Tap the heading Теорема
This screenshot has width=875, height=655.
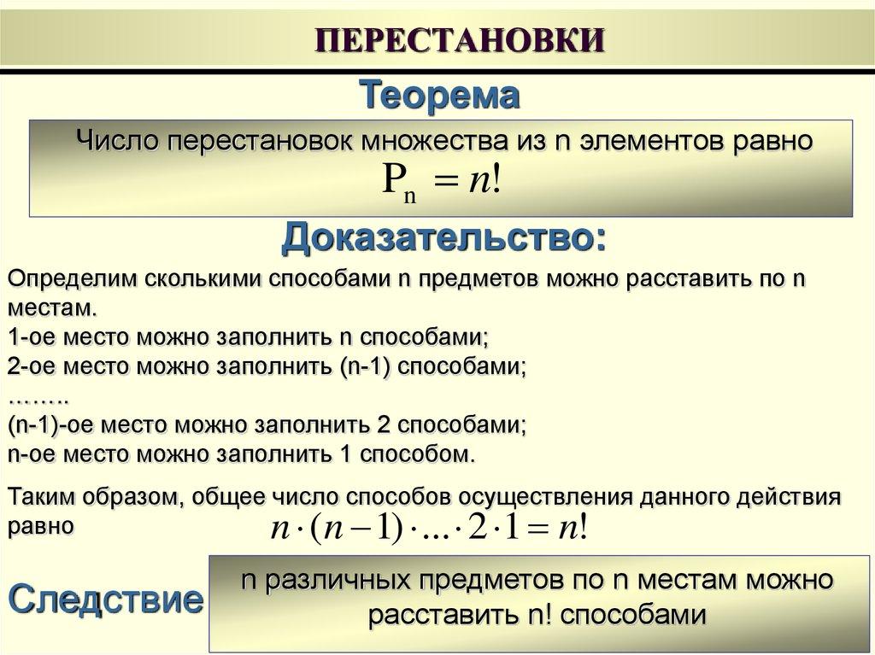(439, 95)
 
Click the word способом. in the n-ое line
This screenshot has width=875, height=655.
(416, 453)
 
